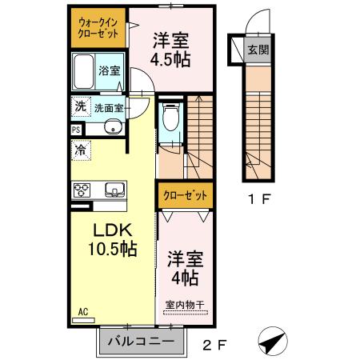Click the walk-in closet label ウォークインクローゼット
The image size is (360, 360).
point(98,28)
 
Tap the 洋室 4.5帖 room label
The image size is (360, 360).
point(170,50)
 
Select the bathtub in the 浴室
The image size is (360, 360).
point(83,71)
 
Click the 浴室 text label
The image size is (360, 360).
point(110,70)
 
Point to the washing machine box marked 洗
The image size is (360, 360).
point(81,106)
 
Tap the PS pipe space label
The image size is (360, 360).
point(76,130)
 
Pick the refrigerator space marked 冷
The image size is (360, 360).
point(81,150)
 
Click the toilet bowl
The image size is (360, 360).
point(170,117)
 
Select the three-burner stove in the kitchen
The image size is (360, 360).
point(82,190)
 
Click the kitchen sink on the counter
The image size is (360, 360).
point(115,190)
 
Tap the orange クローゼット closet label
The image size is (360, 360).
point(185,196)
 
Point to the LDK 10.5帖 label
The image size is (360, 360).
point(113,239)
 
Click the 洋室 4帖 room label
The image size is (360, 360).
point(185,268)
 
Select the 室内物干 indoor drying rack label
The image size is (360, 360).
point(185,305)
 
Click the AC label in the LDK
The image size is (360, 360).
point(83,312)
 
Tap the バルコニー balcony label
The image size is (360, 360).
point(141,341)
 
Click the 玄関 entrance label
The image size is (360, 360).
point(258,50)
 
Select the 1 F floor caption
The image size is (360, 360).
point(259,199)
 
